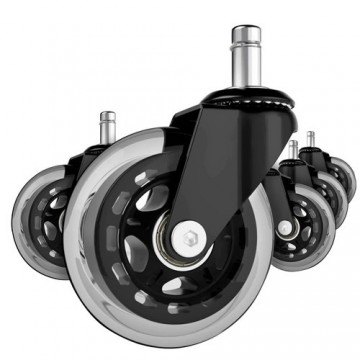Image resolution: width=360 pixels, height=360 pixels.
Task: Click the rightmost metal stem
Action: pyautogui.click(x=310, y=141)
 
